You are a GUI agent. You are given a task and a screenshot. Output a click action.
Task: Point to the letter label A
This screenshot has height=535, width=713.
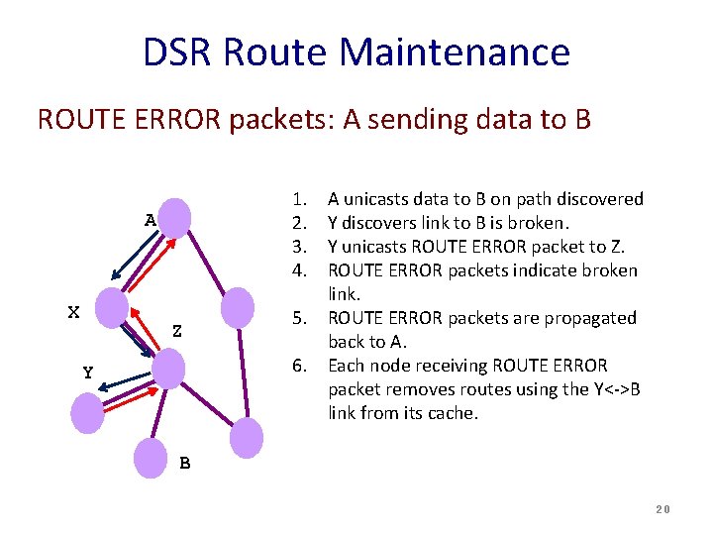tap(150, 220)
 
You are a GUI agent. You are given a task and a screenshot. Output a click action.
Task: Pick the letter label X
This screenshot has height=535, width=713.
tap(73, 312)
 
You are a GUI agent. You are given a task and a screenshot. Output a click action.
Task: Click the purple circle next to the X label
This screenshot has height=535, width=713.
tap(111, 307)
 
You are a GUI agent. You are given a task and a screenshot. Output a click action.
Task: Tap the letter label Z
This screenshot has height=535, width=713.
tap(176, 331)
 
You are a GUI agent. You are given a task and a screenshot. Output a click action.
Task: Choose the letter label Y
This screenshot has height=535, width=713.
tap(88, 374)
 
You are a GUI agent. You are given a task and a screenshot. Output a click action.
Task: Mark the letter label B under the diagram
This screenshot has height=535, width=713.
tap(185, 463)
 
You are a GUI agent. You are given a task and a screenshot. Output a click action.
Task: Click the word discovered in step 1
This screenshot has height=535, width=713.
tap(596, 199)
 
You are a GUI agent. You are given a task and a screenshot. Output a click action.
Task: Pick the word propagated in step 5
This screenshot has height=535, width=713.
tap(596, 318)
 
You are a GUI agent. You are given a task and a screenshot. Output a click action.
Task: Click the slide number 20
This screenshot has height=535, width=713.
tap(662, 509)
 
